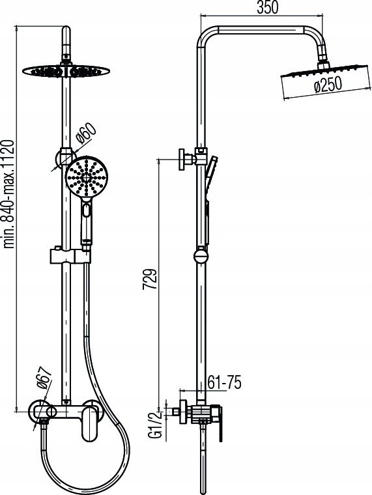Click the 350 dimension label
tap(268, 8)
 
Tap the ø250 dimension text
tap(328, 85)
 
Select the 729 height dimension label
tap(150, 279)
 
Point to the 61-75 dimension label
tap(224, 382)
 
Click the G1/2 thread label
tap(155, 424)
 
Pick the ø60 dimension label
tap(85, 134)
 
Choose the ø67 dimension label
tap(44, 378)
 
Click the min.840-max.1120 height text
tap(8, 194)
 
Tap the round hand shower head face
tap(87, 177)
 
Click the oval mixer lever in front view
tap(89, 424)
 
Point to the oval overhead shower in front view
tap(66, 71)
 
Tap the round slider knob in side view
tap(201, 256)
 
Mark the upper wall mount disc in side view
tap(182, 160)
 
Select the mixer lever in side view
tap(218, 425)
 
